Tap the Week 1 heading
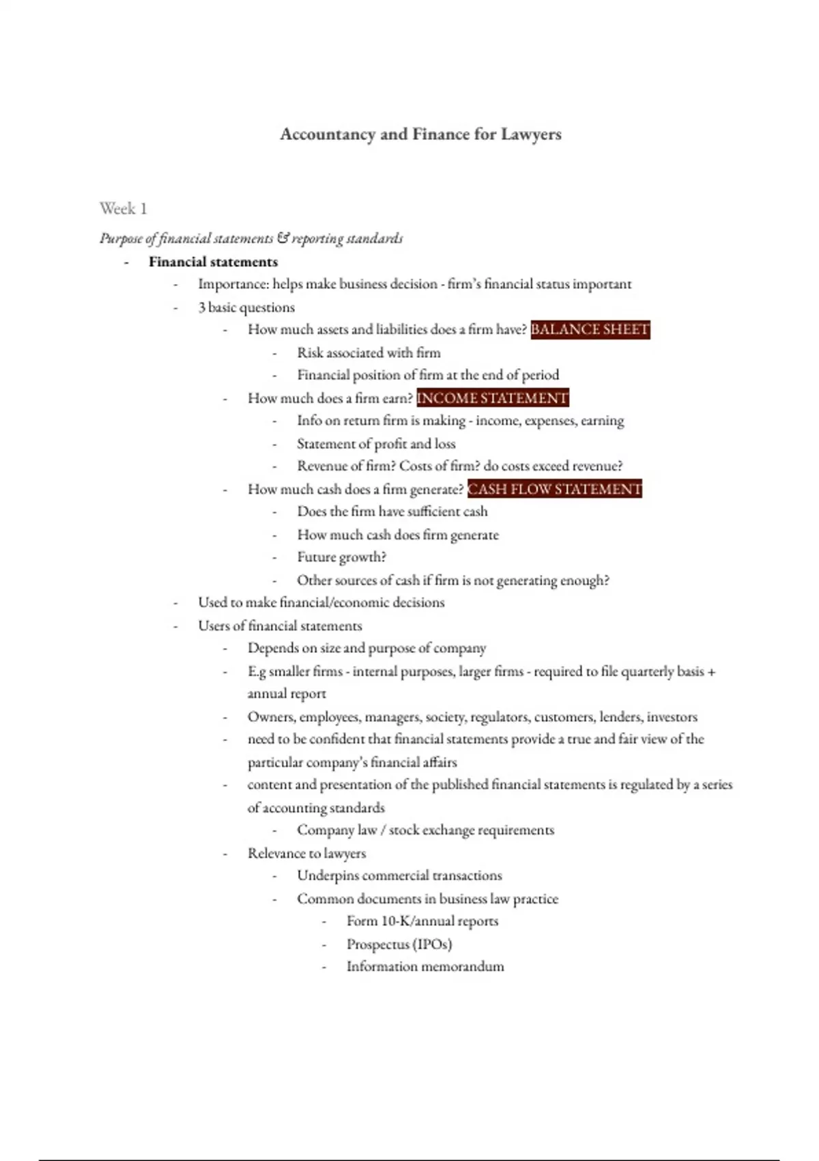(x=123, y=208)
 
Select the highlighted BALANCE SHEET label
(x=590, y=330)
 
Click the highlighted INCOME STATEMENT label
(x=492, y=398)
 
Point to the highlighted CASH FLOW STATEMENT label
(x=554, y=489)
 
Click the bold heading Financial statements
(x=213, y=262)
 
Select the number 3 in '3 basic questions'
(x=202, y=307)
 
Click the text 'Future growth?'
(x=341, y=557)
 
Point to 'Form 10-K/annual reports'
(x=422, y=921)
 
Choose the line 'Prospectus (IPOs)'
(x=399, y=945)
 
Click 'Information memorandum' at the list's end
(x=425, y=967)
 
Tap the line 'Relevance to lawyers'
(x=306, y=854)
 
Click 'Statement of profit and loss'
(x=375, y=444)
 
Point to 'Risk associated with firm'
(x=369, y=353)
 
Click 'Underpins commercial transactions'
(x=399, y=876)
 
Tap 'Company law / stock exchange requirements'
(x=425, y=830)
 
